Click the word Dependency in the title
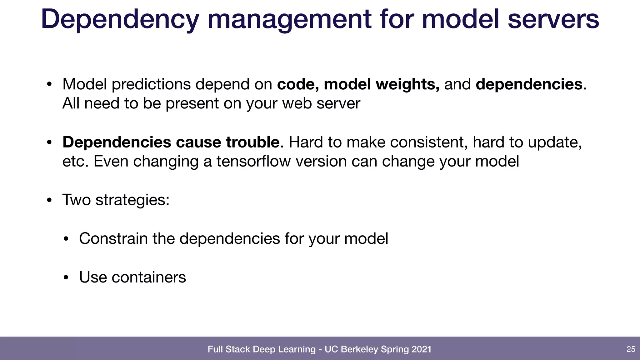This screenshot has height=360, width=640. coord(120,19)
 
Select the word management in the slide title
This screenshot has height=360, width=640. coord(289,19)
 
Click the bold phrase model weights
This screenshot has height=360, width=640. coord(382,84)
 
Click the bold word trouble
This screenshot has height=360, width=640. coord(252,142)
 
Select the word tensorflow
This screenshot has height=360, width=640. coord(253,162)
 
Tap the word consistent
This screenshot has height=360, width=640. coord(429,142)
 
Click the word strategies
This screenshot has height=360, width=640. coord(132,200)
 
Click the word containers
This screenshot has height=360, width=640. coord(149,277)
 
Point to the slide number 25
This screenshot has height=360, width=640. coord(631,349)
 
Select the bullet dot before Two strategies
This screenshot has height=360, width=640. coord(49,200)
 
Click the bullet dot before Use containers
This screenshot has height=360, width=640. coord(66,278)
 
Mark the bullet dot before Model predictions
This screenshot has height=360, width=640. coord(49,84)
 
